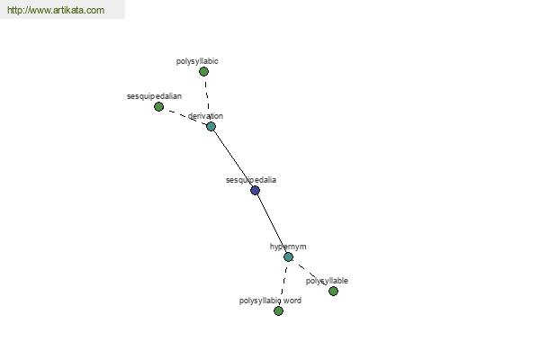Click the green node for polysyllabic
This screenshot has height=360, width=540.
pos(203,72)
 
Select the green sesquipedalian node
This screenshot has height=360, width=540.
pos(158,107)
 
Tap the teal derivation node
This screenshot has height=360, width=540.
pos(211,126)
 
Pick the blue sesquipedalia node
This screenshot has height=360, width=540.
pos(256,191)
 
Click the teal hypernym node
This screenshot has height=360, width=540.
pos(288,257)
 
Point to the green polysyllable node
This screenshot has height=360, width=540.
pos(333,292)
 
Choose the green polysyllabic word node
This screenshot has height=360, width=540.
pos(279,311)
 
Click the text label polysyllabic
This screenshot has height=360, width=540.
pos(197,61)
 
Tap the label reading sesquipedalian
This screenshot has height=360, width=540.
pos(154,96)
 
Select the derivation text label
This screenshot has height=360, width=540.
pos(205,116)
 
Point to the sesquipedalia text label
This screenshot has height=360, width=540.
pos(251,180)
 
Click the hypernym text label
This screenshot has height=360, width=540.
pos(288,247)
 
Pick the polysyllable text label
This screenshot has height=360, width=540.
pos(327,281)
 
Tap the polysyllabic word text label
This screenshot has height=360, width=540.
pos(270,301)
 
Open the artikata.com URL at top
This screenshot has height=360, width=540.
pos(56,10)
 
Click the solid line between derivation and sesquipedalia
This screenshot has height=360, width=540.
pos(233,158)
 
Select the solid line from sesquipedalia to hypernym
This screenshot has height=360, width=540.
pos(272,224)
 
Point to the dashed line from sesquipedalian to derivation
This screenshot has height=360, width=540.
pos(184,116)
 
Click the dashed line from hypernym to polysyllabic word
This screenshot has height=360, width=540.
pos(283,284)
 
